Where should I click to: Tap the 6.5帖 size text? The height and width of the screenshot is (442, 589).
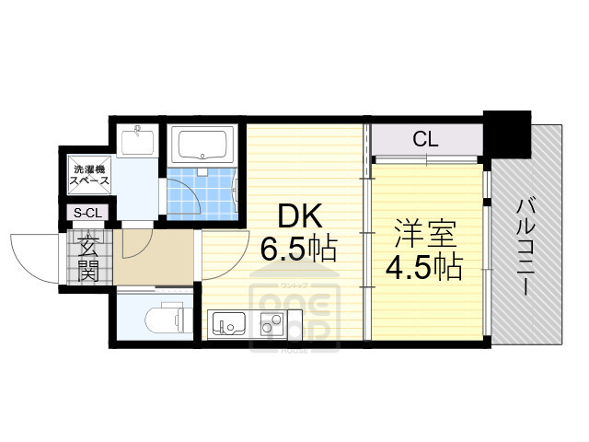pos(297,249)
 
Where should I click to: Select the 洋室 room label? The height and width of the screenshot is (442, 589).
pos(424,231)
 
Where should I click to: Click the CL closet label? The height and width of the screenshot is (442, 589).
pos(424,140)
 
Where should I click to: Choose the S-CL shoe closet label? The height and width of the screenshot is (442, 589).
pos(87,214)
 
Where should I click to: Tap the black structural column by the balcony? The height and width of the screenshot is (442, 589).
pos(509,135)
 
